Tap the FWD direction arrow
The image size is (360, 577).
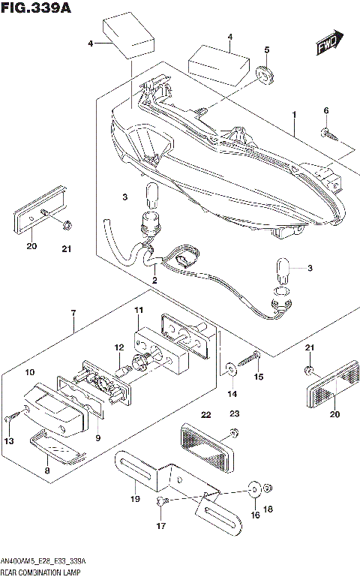[328, 44]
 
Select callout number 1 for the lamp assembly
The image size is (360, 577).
[295, 116]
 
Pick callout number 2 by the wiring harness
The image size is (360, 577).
[154, 281]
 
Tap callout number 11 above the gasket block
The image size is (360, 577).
[138, 311]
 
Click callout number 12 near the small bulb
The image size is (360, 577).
[118, 347]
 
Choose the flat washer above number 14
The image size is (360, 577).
[228, 369]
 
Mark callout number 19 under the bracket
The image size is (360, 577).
[135, 497]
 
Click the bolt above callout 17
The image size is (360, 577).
[163, 500]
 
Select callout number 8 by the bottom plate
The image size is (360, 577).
[48, 470]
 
